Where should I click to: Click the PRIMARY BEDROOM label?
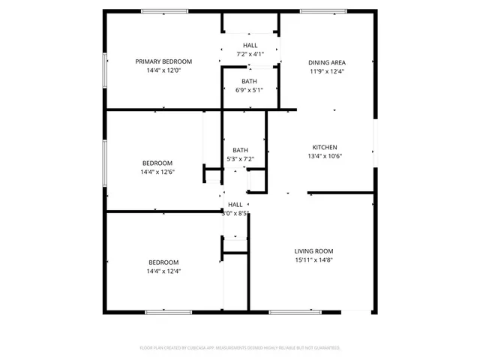pos(163,61)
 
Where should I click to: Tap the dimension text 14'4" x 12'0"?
pos(163,70)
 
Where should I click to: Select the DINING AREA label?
pos(327,62)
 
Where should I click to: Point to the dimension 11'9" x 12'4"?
pos(327,71)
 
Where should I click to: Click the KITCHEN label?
pos(325,147)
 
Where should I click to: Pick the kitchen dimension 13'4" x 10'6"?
pos(325,156)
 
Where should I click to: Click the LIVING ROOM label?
pos(313,251)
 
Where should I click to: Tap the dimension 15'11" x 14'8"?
pos(313,260)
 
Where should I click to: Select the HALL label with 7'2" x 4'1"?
pos(250,46)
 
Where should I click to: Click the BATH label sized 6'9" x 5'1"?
pos(250,81)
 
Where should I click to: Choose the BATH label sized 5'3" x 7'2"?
pos(240,150)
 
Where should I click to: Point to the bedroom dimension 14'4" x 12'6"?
pos(157,172)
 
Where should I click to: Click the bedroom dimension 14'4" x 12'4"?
pos(163,271)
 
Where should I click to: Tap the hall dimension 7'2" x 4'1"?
pos(250,54)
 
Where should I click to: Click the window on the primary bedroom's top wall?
pos(163,10)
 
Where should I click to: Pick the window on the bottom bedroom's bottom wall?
pos(163,311)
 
